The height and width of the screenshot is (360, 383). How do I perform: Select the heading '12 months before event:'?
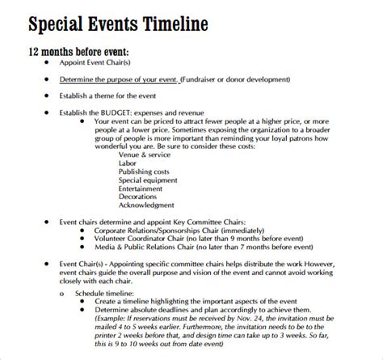click(78, 53)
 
